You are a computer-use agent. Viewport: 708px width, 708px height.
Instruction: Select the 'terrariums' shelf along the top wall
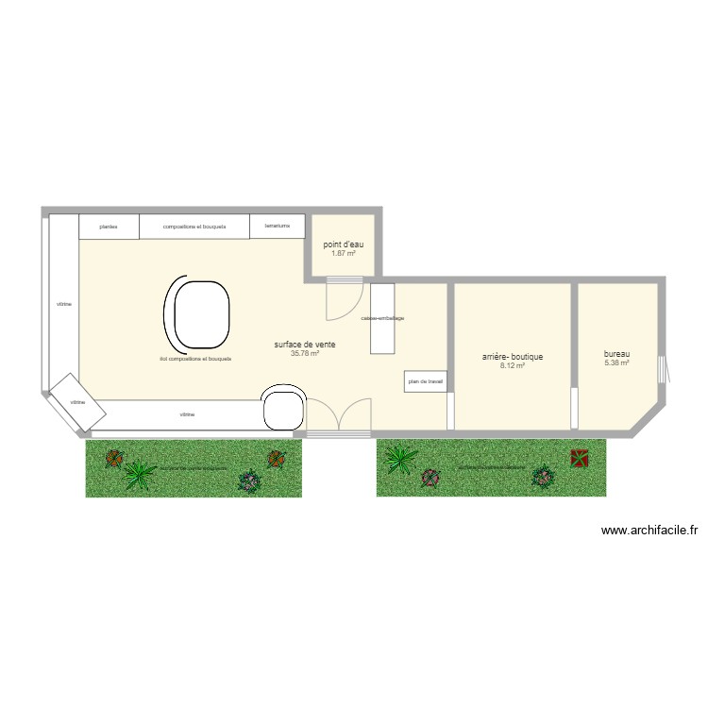coord(278,227)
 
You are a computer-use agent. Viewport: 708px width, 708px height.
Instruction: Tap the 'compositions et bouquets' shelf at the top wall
coord(194,227)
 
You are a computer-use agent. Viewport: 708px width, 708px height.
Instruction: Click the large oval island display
coord(198,313)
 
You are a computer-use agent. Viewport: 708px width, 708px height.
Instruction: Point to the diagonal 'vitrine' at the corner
coord(69,402)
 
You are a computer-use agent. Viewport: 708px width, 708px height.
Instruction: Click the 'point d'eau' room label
coord(344,244)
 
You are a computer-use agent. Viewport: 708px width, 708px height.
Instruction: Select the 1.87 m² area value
coord(344,253)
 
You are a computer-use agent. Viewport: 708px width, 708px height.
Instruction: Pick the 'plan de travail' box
coord(426,381)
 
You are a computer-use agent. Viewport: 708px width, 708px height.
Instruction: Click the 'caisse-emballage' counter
coord(382,319)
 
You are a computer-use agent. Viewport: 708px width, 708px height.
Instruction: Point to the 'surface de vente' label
coord(305,345)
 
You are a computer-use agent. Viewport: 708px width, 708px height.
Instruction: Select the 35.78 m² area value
coord(305,354)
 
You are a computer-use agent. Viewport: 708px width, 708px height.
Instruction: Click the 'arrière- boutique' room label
coord(513,357)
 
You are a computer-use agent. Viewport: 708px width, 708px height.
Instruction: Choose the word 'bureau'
coord(617,354)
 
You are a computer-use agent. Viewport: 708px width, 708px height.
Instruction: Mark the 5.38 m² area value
coord(617,362)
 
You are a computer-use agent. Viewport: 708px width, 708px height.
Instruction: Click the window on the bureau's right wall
coord(661,368)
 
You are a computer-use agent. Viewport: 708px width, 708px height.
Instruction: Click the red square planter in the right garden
coord(578,458)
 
